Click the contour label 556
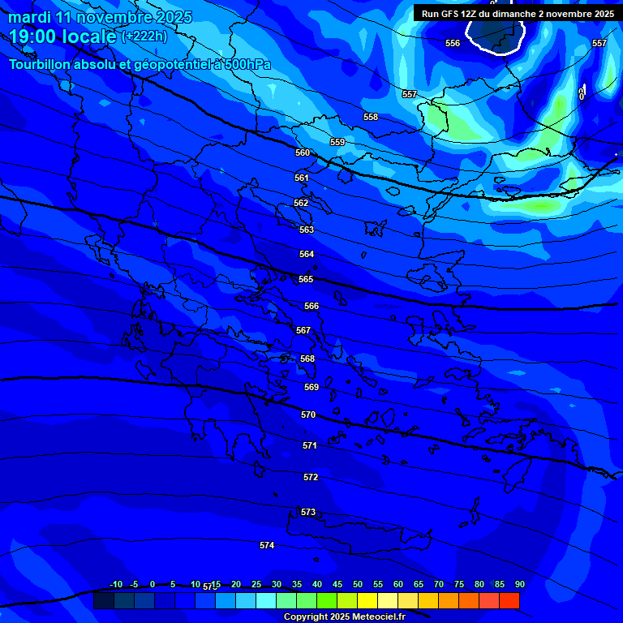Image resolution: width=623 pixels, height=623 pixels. (453, 43)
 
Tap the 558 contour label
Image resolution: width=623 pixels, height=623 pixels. (371, 117)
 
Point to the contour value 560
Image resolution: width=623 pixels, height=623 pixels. (303, 153)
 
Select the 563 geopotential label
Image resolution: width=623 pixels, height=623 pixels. (307, 230)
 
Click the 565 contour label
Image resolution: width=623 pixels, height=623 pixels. (306, 279)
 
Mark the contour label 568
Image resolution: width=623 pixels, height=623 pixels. (307, 359)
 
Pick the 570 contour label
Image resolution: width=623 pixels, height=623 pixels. (308, 415)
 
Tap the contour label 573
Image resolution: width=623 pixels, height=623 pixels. (308, 512)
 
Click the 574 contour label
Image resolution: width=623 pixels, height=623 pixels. (267, 545)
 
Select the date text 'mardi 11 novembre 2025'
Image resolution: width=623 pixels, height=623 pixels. (101, 17)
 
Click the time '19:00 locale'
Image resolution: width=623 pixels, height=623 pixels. (62, 37)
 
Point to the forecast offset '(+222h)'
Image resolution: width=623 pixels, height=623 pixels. (144, 37)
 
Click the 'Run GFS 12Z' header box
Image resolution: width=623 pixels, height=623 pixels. (518, 14)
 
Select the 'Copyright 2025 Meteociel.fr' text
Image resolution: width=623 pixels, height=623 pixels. (344, 617)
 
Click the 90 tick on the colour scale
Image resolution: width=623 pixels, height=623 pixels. (519, 584)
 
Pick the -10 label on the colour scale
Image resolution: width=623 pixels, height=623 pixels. (115, 584)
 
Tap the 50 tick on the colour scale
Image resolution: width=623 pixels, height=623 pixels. (358, 584)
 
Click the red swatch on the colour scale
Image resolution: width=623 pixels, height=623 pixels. (509, 601)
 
